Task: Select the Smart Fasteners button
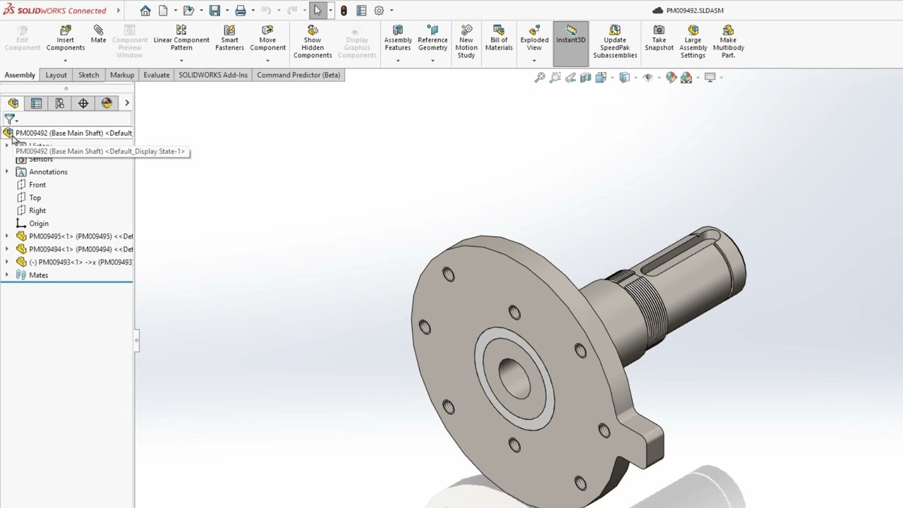pos(229,38)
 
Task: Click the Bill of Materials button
pos(499,38)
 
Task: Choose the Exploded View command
pos(534,38)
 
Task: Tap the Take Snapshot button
pos(659,38)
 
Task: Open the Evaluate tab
pos(157,75)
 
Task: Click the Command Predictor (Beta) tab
pos(298,75)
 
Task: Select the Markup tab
pos(122,75)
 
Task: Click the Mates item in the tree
pos(39,275)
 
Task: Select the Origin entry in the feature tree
pos(39,224)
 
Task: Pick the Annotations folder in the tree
pos(48,172)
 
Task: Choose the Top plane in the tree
pos(35,198)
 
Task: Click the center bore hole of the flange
pos(514,377)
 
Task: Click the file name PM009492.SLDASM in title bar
pos(695,11)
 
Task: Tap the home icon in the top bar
pos(145,11)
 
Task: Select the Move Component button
pos(267,38)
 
